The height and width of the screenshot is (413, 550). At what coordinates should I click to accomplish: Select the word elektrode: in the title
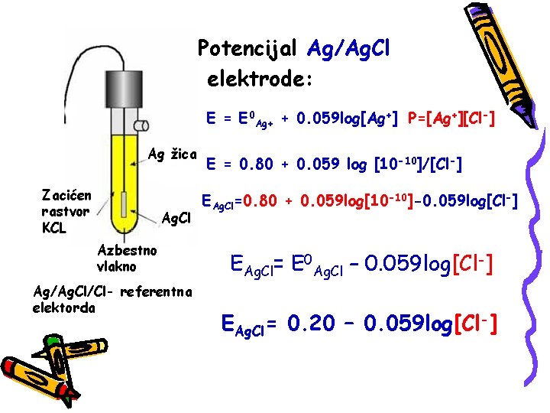(259, 78)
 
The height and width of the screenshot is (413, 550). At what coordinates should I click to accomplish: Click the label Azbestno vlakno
(127, 258)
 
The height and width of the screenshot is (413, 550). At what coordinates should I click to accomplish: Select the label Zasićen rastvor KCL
(66, 211)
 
